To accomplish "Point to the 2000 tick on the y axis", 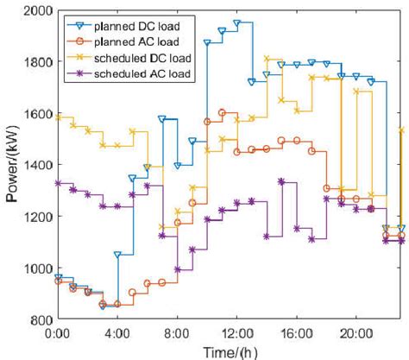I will tap(36, 10).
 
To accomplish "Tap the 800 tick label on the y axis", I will tap(40, 319).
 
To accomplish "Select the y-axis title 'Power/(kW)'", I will tap(11, 165).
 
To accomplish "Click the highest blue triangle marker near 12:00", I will tap(236, 24).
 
